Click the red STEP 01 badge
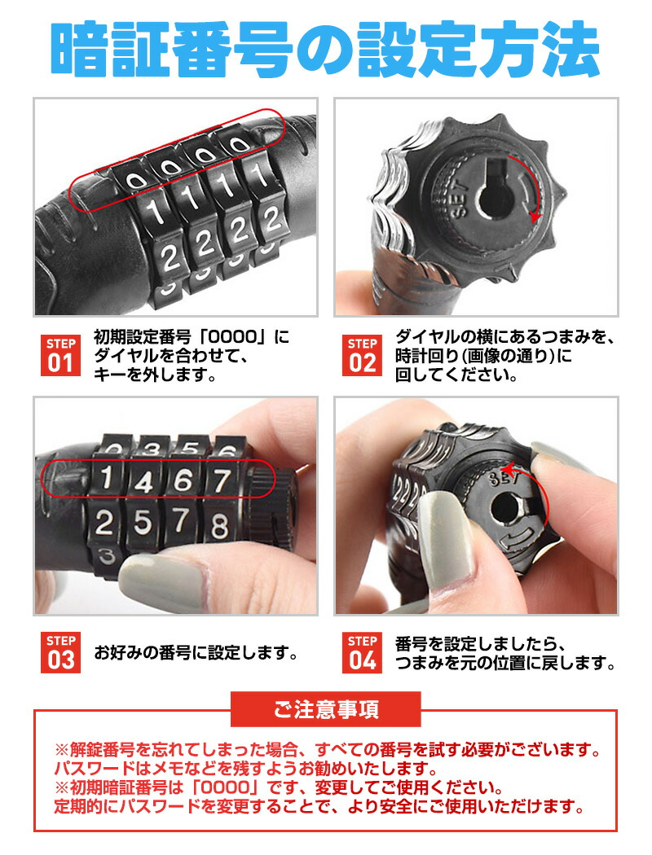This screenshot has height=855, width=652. click(60, 356)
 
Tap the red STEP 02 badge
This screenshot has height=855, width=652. click(362, 356)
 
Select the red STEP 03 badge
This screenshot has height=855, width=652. click(60, 652)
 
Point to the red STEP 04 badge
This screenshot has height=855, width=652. click(362, 652)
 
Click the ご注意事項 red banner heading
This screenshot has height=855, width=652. click(326, 709)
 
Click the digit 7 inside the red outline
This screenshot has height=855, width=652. click(222, 481)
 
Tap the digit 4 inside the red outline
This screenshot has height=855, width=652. click(143, 481)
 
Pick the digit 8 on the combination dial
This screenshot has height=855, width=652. click(219, 526)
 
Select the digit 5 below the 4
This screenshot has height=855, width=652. click(143, 523)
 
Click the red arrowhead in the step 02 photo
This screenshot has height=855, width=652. click(535, 217)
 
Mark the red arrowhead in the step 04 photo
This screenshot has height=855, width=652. click(509, 470)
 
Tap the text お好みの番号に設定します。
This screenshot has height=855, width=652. click(196, 652)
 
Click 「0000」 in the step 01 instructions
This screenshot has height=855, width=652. click(233, 337)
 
